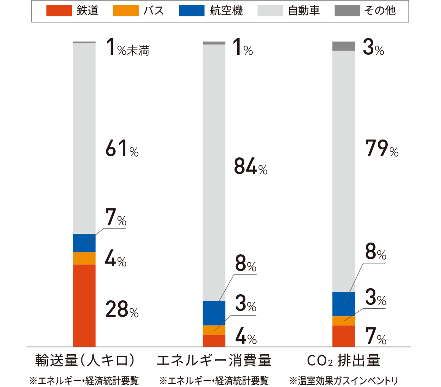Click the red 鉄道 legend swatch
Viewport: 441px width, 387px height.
(x=59, y=11)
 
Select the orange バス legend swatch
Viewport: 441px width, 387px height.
(x=126, y=11)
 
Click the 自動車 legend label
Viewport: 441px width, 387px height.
(x=304, y=11)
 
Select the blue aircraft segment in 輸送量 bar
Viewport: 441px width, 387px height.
(x=84, y=243)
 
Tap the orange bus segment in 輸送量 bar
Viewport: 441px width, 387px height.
(x=84, y=258)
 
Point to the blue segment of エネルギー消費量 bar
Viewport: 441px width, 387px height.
(x=214, y=313)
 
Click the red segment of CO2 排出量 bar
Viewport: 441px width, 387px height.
(x=344, y=336)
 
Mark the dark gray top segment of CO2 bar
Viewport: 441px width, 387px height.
(x=344, y=46)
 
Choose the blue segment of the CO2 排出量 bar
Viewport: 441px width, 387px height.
(x=344, y=304)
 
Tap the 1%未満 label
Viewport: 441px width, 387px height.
(x=127, y=49)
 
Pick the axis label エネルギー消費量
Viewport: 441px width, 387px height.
(x=214, y=360)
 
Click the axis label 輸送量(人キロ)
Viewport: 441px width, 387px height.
(x=84, y=360)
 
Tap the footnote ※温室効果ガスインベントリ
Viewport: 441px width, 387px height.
(x=344, y=380)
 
